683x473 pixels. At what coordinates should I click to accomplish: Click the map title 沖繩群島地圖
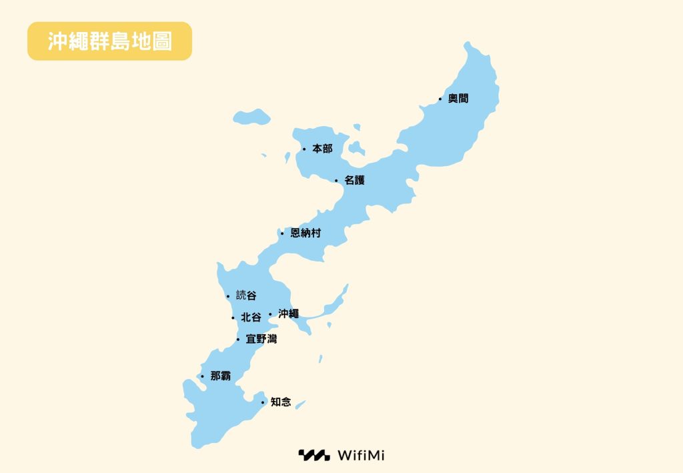(x=110, y=41)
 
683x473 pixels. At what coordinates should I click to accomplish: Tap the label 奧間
(x=458, y=99)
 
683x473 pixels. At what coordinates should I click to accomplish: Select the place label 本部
(x=322, y=149)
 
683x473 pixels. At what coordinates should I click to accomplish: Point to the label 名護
(x=355, y=180)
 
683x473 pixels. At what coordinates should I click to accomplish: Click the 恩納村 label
(x=305, y=233)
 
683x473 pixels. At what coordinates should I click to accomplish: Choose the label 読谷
(x=246, y=296)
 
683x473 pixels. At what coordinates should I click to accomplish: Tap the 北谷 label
(x=251, y=318)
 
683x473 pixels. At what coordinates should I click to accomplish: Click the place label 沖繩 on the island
(x=288, y=314)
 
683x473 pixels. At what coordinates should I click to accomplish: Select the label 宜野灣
(x=261, y=340)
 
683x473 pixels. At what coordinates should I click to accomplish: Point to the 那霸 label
(x=221, y=376)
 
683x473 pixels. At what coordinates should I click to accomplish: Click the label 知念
(x=281, y=402)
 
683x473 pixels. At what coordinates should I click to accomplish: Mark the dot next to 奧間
(x=440, y=99)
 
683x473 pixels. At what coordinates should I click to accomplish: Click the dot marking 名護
(x=336, y=180)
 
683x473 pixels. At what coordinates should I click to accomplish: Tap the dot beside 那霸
(x=202, y=376)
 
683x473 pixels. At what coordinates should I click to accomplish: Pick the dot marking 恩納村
(x=282, y=233)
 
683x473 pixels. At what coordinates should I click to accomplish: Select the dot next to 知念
(x=263, y=402)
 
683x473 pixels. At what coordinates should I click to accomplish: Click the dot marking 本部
(x=304, y=149)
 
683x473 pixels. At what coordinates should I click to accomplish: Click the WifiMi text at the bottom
(x=361, y=456)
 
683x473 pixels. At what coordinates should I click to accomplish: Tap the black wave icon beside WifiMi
(x=313, y=456)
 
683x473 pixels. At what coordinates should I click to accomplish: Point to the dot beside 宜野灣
(x=238, y=340)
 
